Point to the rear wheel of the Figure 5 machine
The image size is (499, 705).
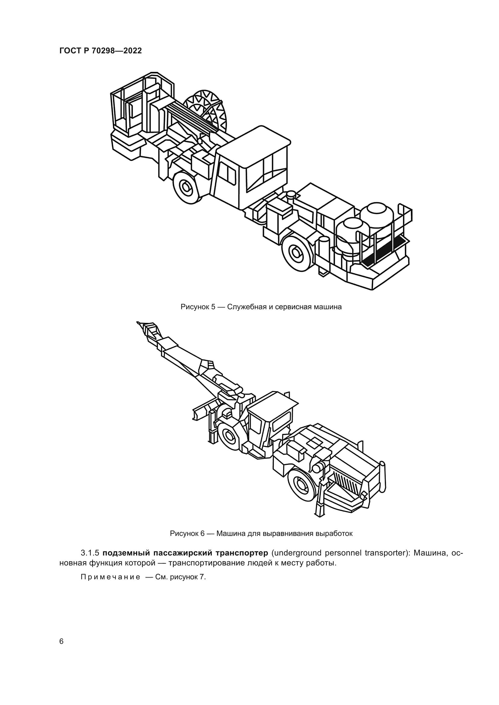[297, 252]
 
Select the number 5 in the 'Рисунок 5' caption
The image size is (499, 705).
[213, 307]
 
